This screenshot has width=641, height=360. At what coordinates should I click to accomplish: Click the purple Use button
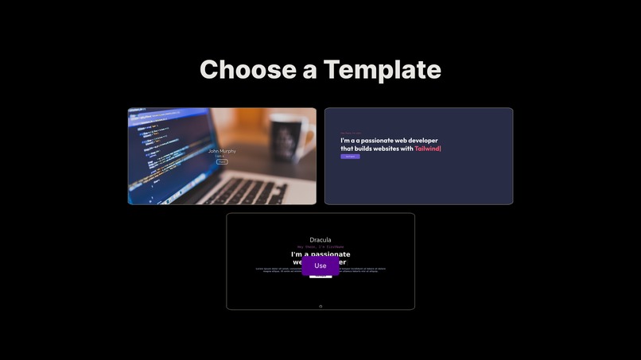320,265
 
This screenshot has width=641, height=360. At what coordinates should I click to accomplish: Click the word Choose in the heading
246,69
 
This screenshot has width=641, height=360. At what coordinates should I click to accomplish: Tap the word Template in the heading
382,69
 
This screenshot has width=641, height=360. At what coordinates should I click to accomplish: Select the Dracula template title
320,239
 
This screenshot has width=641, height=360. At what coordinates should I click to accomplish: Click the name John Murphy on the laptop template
222,150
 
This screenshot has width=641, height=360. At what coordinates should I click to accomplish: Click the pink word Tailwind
427,149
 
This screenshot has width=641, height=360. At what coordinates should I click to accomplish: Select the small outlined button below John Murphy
222,161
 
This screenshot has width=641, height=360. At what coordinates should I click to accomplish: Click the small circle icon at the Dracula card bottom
320,306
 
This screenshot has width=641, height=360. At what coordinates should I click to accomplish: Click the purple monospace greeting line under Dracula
320,247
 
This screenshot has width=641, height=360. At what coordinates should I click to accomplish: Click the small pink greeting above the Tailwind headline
351,133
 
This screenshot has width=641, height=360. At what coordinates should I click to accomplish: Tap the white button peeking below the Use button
320,277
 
